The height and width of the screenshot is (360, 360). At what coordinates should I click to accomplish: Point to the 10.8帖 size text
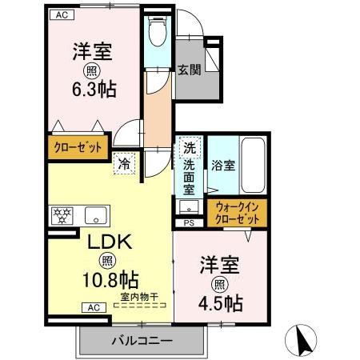[x=110, y=280]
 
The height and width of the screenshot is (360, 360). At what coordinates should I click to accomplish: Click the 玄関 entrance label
[x=189, y=69]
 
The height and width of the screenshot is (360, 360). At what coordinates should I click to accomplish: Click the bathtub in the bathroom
[x=254, y=167]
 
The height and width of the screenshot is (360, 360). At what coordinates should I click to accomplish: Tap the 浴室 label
[x=222, y=166]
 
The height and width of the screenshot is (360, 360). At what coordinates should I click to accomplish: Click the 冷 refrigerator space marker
[x=125, y=163]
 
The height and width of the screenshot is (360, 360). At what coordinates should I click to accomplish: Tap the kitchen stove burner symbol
[x=61, y=214]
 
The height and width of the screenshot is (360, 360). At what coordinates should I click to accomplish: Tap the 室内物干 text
[x=138, y=298]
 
